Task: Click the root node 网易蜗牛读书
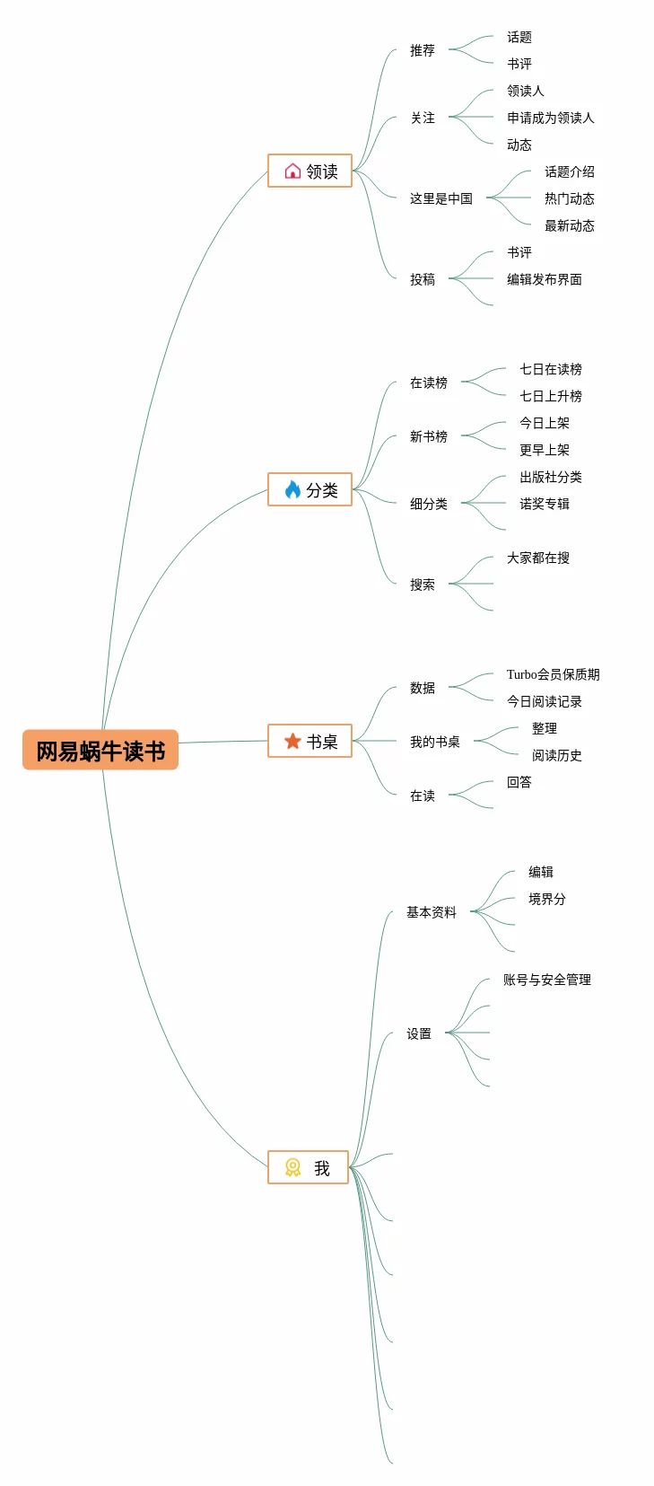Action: click(100, 751)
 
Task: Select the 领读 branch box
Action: click(310, 171)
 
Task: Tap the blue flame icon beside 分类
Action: click(292, 489)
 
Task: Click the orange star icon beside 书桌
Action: click(292, 741)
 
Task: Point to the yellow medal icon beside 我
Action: click(292, 1167)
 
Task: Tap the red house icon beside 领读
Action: click(292, 171)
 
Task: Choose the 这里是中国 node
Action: click(440, 198)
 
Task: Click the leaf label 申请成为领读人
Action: click(550, 118)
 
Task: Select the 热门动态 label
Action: click(569, 198)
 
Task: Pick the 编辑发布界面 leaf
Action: click(544, 279)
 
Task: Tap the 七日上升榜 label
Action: click(550, 396)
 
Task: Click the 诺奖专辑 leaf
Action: click(544, 504)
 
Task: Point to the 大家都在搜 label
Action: click(537, 558)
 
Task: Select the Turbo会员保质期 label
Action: click(553, 674)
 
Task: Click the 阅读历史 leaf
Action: click(556, 755)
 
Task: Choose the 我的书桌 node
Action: click(434, 742)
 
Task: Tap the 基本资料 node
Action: click(431, 912)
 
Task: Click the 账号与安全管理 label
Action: click(546, 980)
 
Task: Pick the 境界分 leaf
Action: click(546, 899)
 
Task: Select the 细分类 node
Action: click(428, 504)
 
